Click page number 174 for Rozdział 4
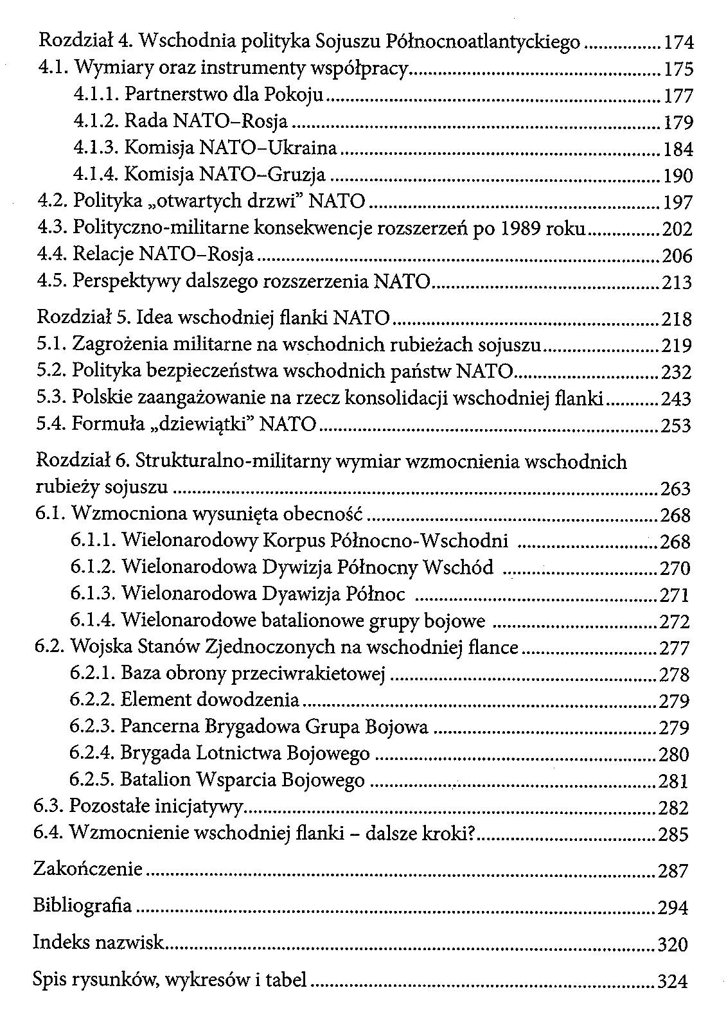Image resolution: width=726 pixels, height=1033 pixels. tap(678, 43)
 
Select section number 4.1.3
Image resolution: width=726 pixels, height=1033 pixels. tap(95, 148)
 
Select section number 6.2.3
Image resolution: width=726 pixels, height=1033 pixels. tap(92, 727)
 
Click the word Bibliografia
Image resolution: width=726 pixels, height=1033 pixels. tap(82, 906)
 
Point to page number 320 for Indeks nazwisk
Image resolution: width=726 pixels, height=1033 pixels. tap(673, 945)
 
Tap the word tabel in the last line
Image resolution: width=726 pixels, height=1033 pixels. tap(287, 980)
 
